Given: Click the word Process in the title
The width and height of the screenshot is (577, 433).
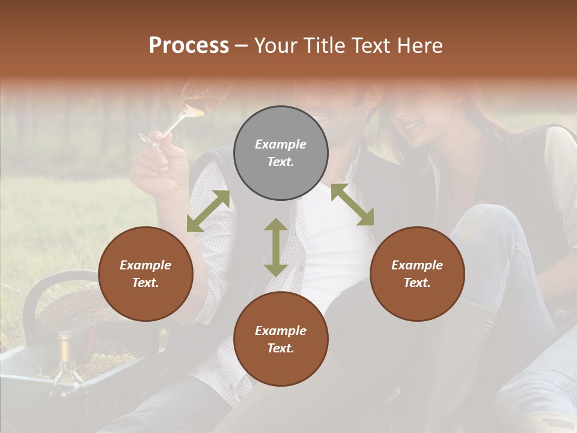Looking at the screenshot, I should (189, 46).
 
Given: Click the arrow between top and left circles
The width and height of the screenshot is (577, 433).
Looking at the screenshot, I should (208, 211).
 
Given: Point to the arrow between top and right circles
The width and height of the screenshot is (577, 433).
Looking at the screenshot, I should (352, 204).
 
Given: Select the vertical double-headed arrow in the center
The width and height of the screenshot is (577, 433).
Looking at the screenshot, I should (276, 247).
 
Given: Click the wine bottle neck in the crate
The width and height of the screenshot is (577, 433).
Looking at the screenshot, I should (64, 349).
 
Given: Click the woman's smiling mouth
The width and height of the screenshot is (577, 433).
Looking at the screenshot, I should (414, 126).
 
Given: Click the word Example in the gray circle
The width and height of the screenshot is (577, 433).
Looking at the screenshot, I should (281, 144).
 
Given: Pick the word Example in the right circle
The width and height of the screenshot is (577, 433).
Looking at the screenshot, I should (417, 265).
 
